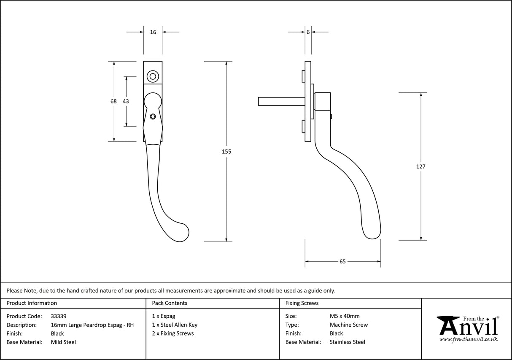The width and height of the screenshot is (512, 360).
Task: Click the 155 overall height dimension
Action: (x=226, y=151)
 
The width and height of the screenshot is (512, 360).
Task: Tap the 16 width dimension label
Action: (x=153, y=32)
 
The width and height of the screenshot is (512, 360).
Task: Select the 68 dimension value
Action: (x=113, y=101)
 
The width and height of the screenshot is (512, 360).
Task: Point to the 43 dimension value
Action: (x=126, y=101)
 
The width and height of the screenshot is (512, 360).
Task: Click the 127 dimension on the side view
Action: (x=420, y=166)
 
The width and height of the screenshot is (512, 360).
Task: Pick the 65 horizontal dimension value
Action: (x=342, y=262)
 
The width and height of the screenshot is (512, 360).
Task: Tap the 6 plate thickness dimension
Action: (x=308, y=32)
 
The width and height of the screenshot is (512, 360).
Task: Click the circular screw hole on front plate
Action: (x=153, y=77)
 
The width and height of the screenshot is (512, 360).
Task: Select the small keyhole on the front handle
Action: (x=153, y=116)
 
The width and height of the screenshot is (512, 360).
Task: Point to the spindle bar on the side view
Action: (x=280, y=101)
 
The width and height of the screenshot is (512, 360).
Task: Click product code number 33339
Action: (x=58, y=316)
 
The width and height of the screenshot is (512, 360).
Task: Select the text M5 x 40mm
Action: (x=345, y=316)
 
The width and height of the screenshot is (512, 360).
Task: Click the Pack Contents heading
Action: (x=170, y=303)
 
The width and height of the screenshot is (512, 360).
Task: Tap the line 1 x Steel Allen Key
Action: (x=175, y=325)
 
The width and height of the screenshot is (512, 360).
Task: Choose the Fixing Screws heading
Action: (x=302, y=303)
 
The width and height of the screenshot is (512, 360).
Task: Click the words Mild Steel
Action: (x=63, y=342)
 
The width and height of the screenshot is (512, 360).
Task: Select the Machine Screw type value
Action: (x=349, y=325)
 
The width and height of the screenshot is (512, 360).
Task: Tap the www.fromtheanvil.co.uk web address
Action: (x=468, y=339)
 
